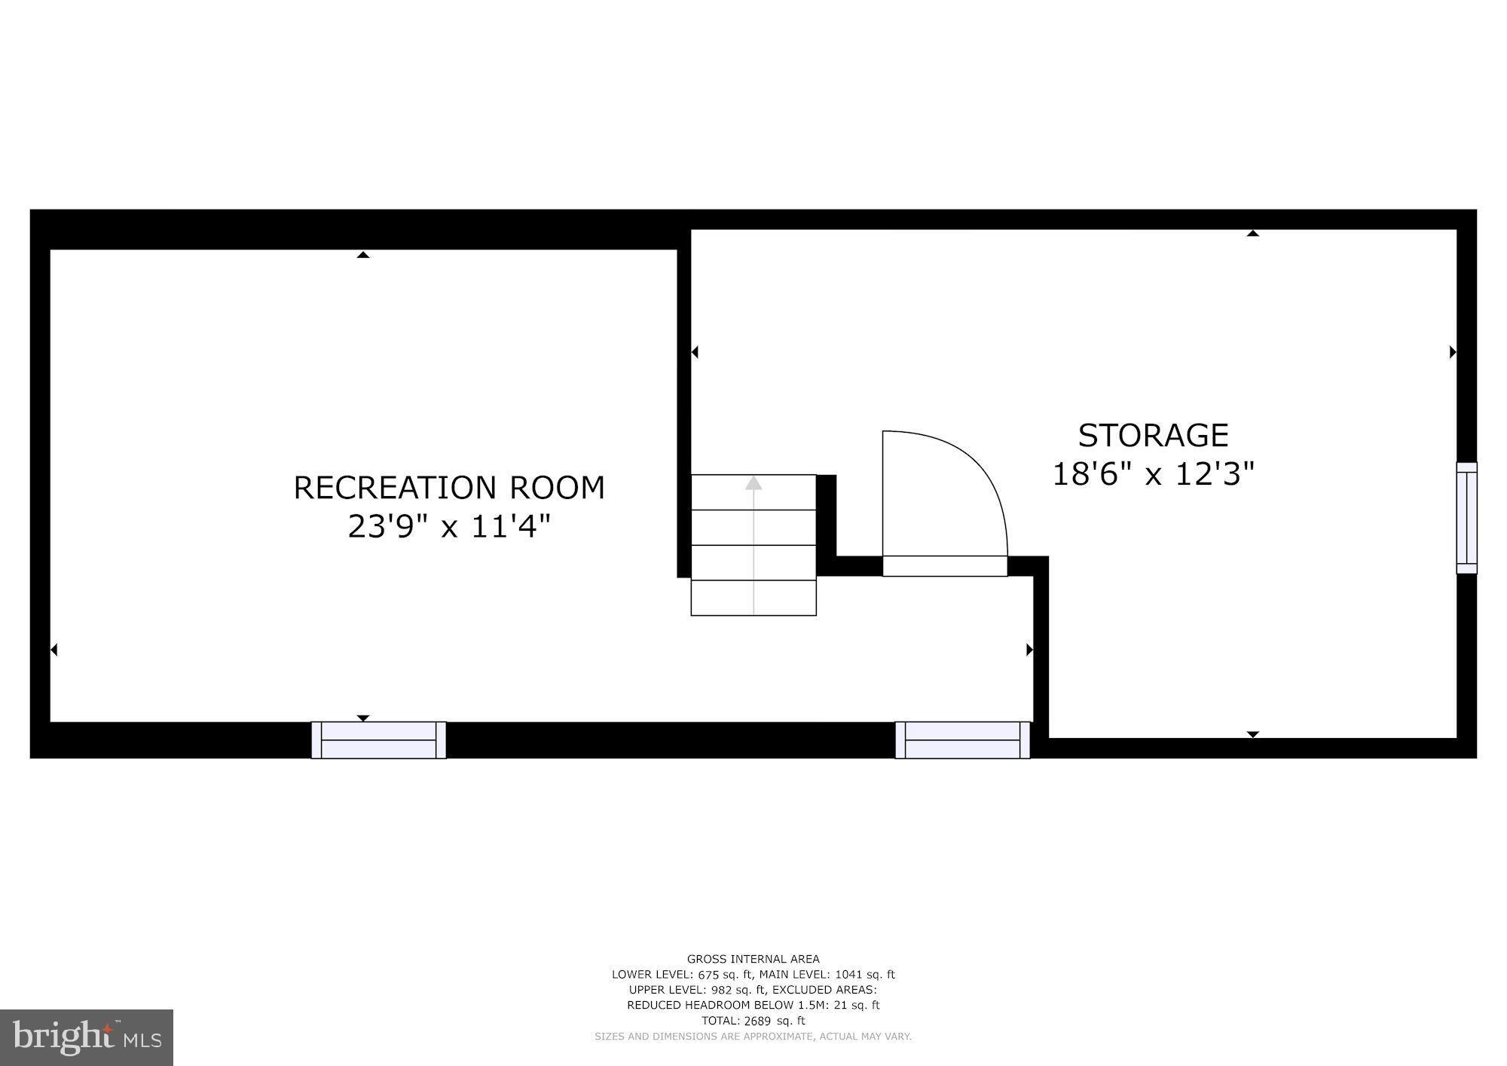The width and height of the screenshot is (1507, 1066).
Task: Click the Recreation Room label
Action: [449, 488]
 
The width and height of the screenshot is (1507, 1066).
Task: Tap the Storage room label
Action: [1153, 436]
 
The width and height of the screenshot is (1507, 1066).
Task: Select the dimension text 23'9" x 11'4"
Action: [449, 526]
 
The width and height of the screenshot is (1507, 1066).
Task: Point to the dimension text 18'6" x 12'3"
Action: [1153, 475]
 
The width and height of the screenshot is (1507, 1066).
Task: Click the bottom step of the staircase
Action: [753, 598]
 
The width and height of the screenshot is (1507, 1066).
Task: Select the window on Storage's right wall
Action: [1466, 518]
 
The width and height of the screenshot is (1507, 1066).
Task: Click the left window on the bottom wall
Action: [378, 740]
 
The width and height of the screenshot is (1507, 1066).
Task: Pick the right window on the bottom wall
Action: [962, 740]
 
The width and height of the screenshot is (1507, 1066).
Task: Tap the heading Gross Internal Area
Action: [753, 959]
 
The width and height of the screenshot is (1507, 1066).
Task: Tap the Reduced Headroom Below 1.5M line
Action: [753, 1005]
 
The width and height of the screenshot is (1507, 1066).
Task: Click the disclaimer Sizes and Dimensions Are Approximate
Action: [753, 1037]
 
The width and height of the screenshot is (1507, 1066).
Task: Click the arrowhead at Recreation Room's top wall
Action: [363, 255]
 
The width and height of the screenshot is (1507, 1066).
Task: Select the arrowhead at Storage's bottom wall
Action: [1252, 734]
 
